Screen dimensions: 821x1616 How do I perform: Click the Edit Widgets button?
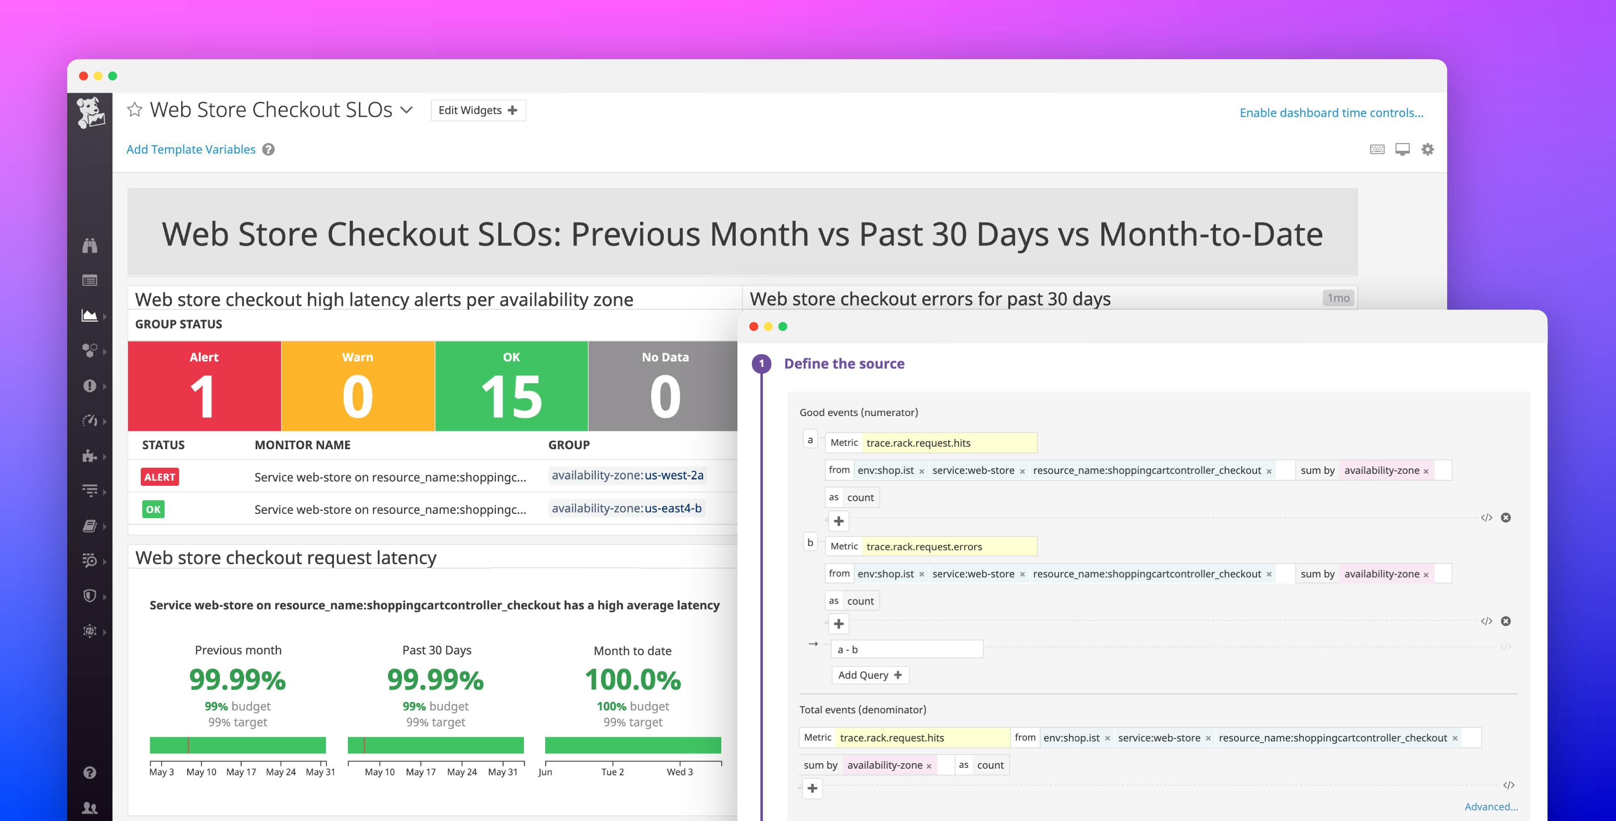(478, 111)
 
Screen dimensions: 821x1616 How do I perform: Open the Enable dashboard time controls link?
(1331, 113)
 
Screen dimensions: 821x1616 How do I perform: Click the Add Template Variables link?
(191, 149)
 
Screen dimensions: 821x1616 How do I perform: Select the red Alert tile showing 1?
(204, 386)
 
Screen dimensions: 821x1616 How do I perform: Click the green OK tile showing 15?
(511, 386)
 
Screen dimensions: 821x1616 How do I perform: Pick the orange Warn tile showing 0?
(358, 386)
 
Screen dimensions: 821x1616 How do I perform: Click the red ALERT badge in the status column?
(159, 477)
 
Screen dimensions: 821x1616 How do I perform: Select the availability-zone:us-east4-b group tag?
(626, 508)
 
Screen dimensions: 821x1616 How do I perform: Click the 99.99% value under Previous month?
(237, 680)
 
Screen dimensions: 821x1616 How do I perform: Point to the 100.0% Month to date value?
(632, 680)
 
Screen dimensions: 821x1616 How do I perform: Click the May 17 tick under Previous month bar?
(241, 772)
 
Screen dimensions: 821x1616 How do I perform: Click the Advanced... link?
(1491, 807)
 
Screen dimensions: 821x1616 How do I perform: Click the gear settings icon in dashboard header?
(1427, 149)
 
